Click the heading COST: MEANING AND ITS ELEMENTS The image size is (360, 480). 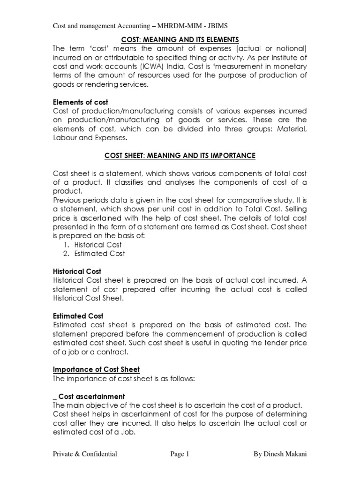[x=180, y=39]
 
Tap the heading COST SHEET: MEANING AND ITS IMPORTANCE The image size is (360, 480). [x=180, y=156]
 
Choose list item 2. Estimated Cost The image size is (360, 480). [x=94, y=254]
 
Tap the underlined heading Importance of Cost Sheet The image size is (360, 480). [x=96, y=370]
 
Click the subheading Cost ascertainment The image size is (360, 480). [x=91, y=396]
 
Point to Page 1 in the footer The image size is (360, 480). [x=180, y=454]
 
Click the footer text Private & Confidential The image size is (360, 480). [x=85, y=454]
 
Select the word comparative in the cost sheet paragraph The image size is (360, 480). [x=249, y=200]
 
